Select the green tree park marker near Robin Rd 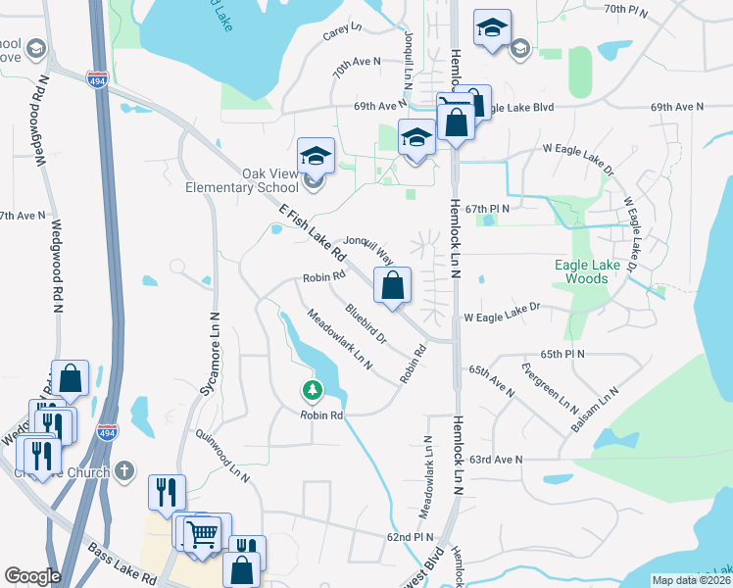(313, 391)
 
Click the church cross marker (122, 470)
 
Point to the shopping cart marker (201, 534)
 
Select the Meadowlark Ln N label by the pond (339, 340)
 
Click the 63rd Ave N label (495, 459)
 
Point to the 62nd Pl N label (410, 537)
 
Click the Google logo (32, 576)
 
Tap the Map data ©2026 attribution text (690, 580)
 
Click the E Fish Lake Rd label (313, 231)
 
